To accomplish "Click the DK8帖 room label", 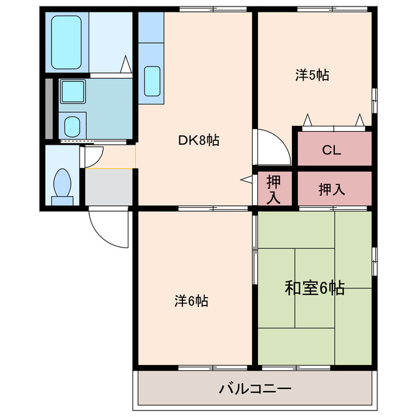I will point(199,139).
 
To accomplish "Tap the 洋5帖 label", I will point(312,75).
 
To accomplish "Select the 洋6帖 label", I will point(191,301).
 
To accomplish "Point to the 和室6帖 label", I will point(315,287).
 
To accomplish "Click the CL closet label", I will point(332,151).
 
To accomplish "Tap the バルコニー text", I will point(255,390).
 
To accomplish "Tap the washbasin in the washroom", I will point(71,124).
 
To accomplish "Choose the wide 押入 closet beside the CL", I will point(332,189).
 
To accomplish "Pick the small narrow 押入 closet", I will point(273,189).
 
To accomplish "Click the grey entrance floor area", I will point(109,188).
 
